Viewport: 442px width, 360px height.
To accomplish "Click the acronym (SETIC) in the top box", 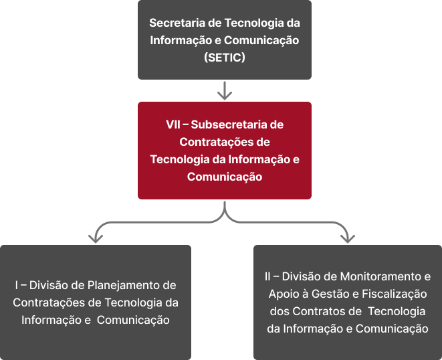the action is [x=225, y=58].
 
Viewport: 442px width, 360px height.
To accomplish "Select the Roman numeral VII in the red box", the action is [x=173, y=124].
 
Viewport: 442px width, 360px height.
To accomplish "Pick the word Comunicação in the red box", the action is [x=225, y=177].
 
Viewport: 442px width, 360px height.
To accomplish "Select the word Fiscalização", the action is [x=394, y=294].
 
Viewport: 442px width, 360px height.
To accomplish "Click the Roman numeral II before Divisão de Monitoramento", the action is [x=267, y=277].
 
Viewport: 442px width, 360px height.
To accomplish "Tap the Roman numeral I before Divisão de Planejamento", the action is [x=17, y=286].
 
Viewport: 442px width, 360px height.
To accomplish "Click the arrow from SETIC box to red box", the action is [x=225, y=90].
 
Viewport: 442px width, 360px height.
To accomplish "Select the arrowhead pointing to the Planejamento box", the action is [x=96, y=238].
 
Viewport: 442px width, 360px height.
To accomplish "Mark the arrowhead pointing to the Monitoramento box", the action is [x=348, y=238].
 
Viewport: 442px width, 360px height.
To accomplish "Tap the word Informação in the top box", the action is [x=181, y=41].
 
